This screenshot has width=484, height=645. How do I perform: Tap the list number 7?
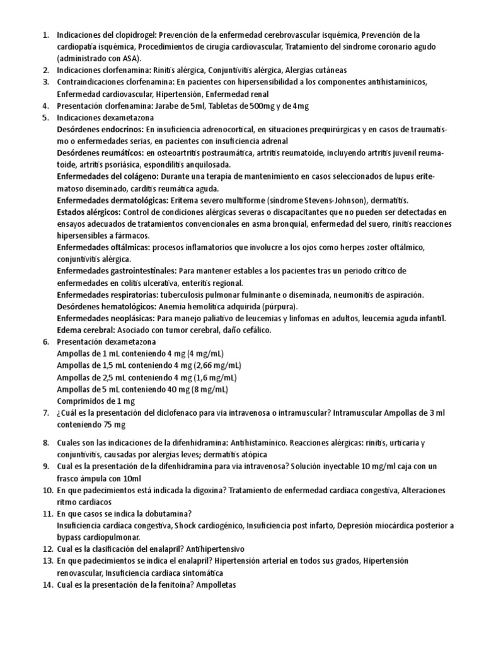(45, 413)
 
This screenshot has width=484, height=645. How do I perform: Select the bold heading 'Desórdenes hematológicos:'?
(105, 306)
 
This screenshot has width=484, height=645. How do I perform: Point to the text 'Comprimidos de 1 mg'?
(96, 401)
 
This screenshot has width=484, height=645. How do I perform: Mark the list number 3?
(45, 82)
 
